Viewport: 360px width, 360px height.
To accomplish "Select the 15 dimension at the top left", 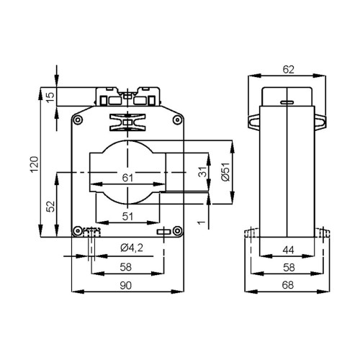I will pyautogui.click(x=48, y=96).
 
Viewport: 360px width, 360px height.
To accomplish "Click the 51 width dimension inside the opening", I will pyautogui.click(x=127, y=215).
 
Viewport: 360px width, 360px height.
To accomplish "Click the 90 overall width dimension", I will pyautogui.click(x=127, y=287).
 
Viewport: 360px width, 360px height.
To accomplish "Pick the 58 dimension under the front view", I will pyautogui.click(x=127, y=267).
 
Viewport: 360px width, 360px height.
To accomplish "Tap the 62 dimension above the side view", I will pyautogui.click(x=288, y=70).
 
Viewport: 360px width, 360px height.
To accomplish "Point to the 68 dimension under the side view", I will pyautogui.click(x=288, y=287).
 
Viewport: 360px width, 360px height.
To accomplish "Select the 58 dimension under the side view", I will pyautogui.click(x=288, y=267).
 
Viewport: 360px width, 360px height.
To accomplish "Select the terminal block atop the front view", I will pyautogui.click(x=127, y=96).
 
